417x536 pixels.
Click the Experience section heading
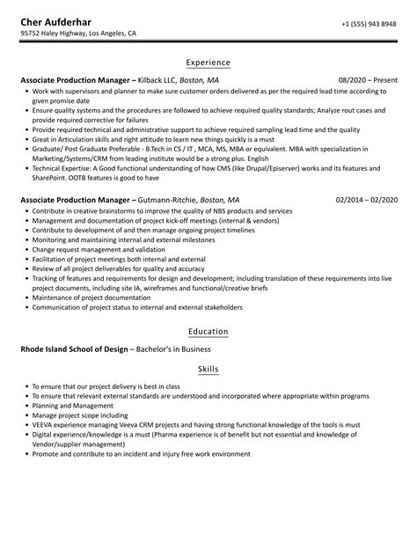[x=208, y=62]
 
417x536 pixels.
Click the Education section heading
[x=208, y=332]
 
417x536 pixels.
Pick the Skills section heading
[x=208, y=369]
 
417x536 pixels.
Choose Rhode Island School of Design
[x=74, y=349]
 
